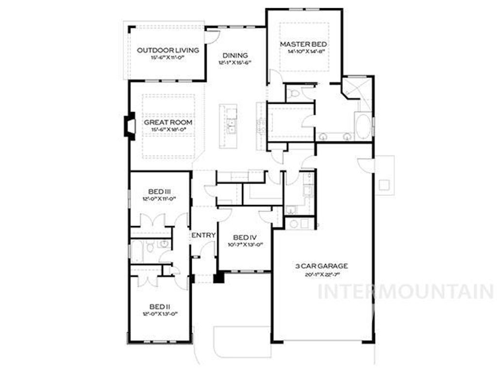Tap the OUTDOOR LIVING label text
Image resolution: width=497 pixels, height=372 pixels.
click(x=161, y=50)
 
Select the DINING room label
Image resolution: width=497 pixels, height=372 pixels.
click(x=235, y=55)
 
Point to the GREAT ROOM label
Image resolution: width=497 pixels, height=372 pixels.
click(x=168, y=123)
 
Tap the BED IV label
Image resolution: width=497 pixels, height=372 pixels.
click(x=245, y=237)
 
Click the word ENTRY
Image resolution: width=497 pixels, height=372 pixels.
click(x=203, y=235)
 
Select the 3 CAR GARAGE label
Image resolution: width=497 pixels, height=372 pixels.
click(x=321, y=266)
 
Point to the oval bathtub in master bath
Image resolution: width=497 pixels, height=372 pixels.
click(x=363, y=125)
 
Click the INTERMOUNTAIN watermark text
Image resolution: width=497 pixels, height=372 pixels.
click(x=405, y=292)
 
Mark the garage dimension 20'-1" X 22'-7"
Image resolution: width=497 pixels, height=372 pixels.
click(x=321, y=274)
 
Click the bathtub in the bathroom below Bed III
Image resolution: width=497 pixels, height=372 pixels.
click(x=137, y=250)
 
